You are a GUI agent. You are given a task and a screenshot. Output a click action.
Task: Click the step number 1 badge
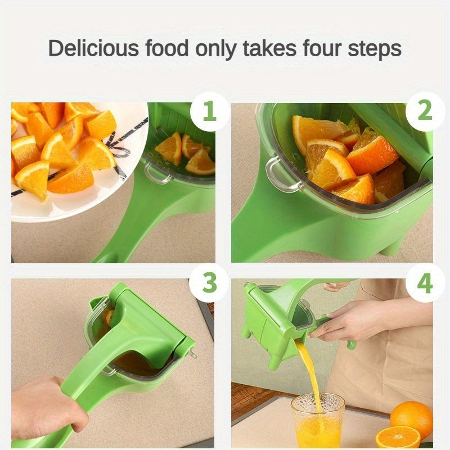tap(209, 112)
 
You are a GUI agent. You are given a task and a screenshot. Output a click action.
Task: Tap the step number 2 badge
tap(425, 112)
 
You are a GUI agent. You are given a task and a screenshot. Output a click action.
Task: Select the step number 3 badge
tap(209, 283)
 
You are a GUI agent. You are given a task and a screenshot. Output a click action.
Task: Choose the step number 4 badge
tap(425, 283)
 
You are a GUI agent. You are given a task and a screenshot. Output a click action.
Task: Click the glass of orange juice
tap(318, 422)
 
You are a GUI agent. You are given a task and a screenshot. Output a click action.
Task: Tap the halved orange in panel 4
tap(398, 437)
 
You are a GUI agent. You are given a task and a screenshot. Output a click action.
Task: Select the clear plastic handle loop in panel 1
tap(157, 173)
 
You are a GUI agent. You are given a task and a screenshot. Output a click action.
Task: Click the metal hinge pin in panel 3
tap(193, 354)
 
